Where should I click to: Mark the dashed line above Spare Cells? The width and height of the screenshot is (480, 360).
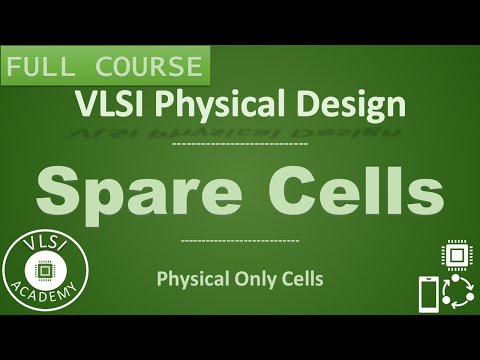pyautogui.click(x=240, y=145)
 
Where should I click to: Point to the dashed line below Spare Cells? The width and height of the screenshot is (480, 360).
pyautogui.click(x=241, y=241)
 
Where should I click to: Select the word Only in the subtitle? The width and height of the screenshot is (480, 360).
pyautogui.click(x=257, y=280)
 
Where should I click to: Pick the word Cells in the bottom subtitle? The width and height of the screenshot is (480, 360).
pyautogui.click(x=302, y=280)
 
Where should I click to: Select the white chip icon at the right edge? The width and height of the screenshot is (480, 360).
pyautogui.click(x=455, y=254)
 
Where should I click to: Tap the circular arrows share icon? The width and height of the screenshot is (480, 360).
pyautogui.click(x=458, y=294)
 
